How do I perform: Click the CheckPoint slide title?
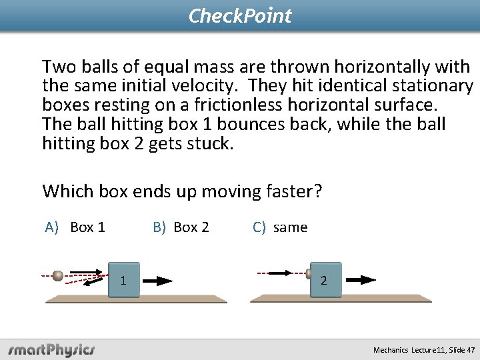tap(240, 15)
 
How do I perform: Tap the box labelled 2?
tap(325, 280)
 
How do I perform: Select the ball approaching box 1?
tap(58, 275)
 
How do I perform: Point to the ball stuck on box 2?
tap(309, 273)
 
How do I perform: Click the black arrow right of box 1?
tap(159, 281)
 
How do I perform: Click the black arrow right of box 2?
tap(361, 280)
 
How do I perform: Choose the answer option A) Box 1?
tap(75, 227)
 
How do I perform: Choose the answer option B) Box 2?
tap(181, 227)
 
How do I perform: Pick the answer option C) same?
tap(280, 227)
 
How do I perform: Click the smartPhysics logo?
tap(51, 349)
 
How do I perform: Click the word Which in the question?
tap(68, 191)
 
